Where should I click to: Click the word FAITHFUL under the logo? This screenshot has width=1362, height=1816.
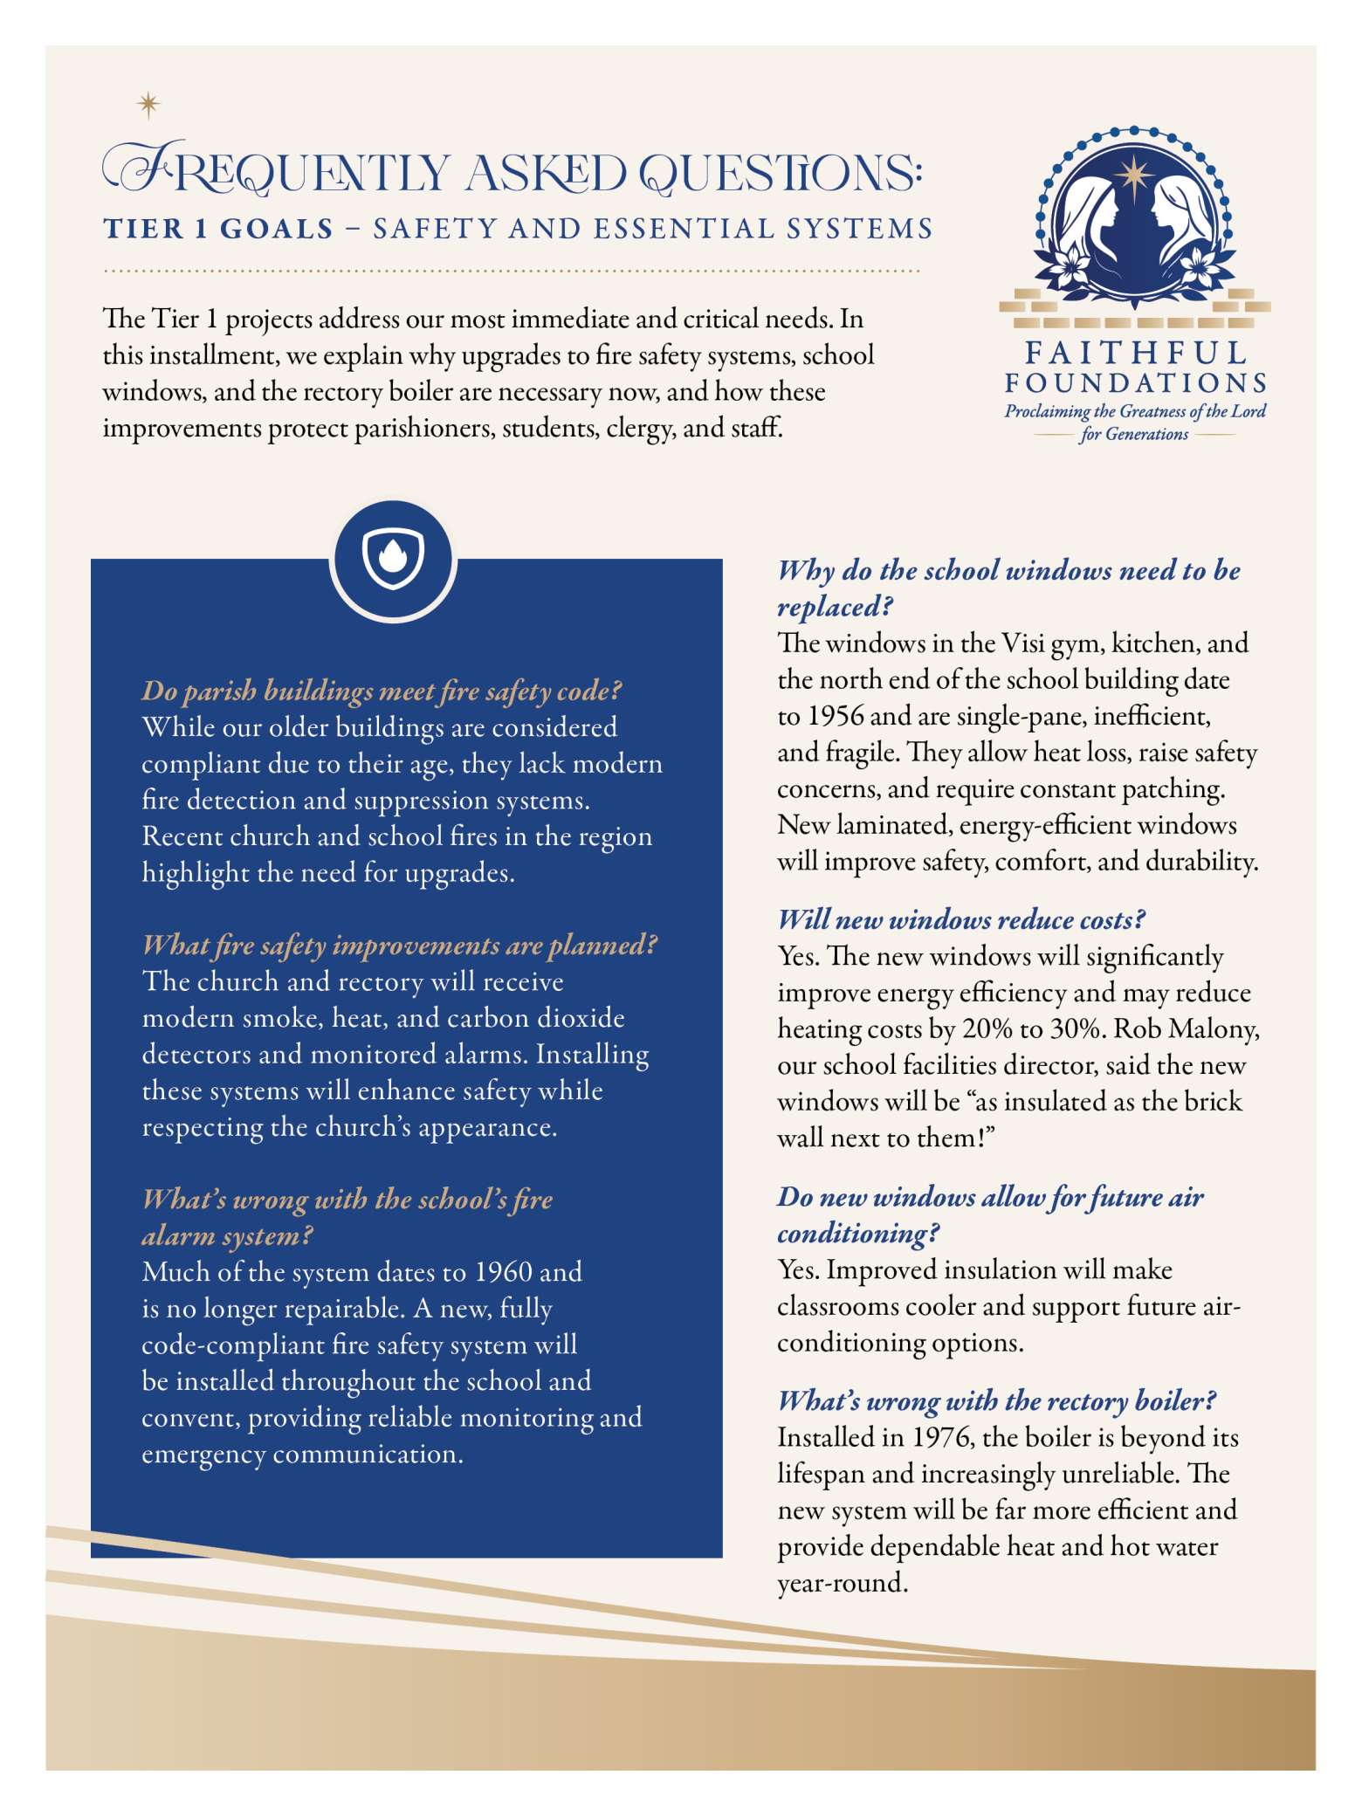click(x=1135, y=353)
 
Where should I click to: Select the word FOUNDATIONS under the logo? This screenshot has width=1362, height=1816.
click(x=1135, y=383)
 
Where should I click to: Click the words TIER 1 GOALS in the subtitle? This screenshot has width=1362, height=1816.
click(x=218, y=229)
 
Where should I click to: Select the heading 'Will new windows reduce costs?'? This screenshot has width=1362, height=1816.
click(x=961, y=919)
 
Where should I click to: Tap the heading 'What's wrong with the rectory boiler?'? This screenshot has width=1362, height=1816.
click(x=996, y=1400)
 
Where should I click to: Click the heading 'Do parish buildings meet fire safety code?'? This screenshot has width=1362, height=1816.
click(x=382, y=691)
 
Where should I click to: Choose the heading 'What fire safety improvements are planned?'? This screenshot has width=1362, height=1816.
click(x=399, y=945)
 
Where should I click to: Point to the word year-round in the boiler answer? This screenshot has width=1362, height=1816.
click(x=841, y=1583)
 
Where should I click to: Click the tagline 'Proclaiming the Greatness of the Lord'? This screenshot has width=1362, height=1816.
click(x=1134, y=412)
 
